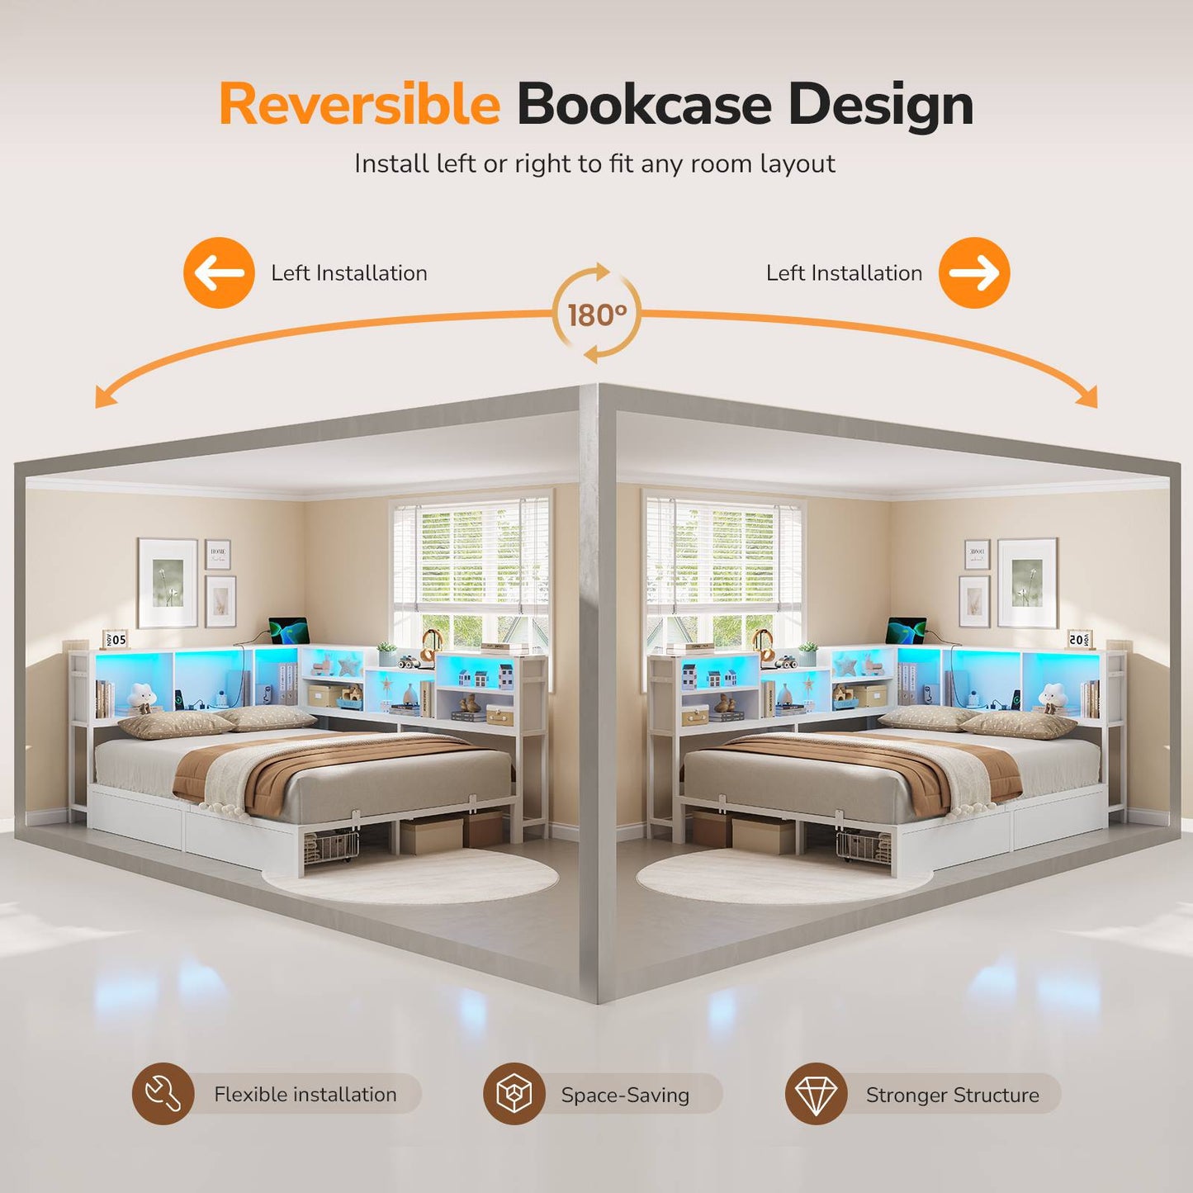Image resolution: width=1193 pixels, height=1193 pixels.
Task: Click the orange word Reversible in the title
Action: (x=360, y=104)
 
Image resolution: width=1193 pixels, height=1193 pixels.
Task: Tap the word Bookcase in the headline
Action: (x=645, y=104)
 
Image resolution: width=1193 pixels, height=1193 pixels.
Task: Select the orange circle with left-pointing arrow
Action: (x=219, y=272)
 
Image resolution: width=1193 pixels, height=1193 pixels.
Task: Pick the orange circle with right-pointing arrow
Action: (x=974, y=272)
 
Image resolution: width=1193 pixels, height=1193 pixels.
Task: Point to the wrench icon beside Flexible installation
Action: (x=163, y=1094)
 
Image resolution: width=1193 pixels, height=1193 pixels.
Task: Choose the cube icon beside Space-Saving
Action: (x=514, y=1094)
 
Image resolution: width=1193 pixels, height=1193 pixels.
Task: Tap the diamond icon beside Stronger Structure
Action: (x=817, y=1094)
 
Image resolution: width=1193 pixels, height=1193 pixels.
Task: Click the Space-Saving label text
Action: (x=625, y=1096)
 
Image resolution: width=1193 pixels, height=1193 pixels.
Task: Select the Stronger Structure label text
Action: (x=952, y=1096)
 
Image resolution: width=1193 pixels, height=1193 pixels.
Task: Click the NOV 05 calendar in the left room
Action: (x=115, y=639)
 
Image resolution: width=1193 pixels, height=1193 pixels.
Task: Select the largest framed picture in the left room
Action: (x=167, y=583)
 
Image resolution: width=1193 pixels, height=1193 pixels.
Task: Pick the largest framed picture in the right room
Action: (x=1027, y=583)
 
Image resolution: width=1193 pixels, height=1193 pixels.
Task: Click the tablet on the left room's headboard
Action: (x=288, y=630)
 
